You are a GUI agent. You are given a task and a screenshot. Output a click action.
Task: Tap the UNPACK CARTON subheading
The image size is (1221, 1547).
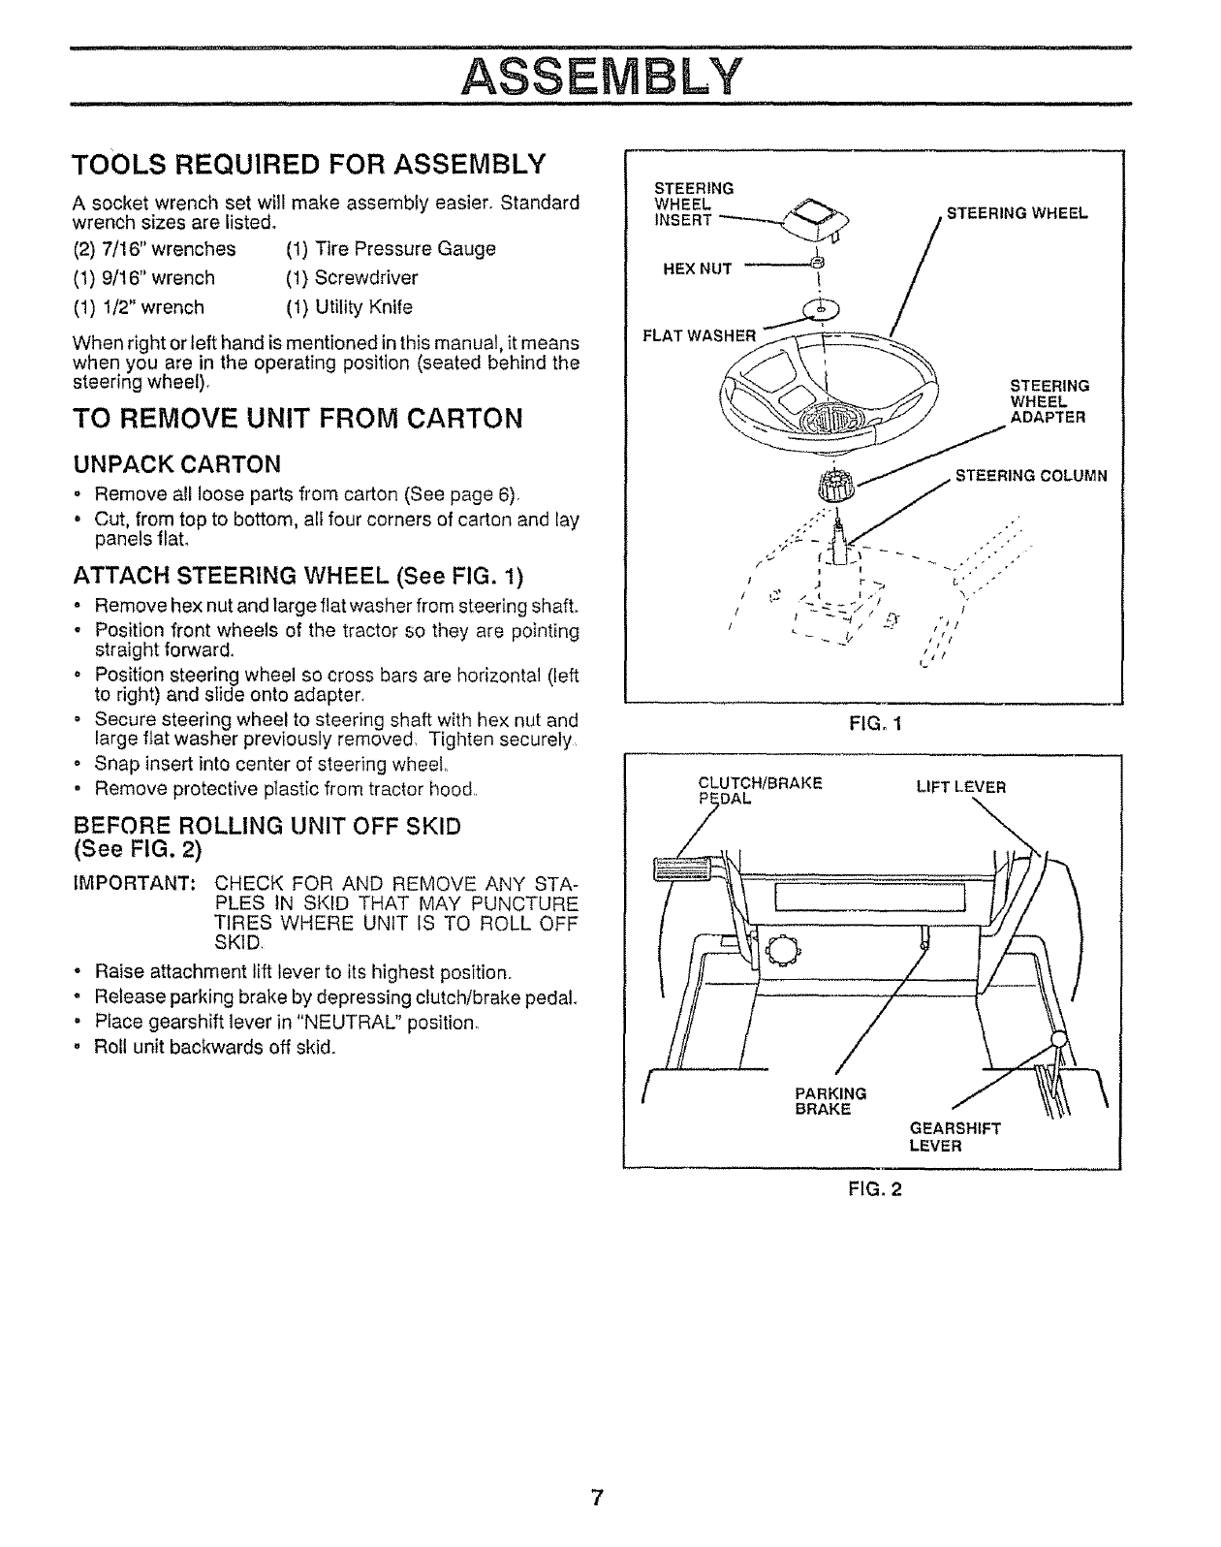(x=177, y=461)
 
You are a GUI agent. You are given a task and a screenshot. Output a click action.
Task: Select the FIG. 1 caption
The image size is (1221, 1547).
(x=874, y=723)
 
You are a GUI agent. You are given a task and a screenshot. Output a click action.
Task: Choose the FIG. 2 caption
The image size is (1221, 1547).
(x=874, y=1189)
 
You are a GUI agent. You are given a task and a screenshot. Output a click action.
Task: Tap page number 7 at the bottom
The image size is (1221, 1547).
(x=598, y=1498)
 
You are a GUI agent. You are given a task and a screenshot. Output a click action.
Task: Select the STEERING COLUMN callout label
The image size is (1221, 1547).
(x=1031, y=476)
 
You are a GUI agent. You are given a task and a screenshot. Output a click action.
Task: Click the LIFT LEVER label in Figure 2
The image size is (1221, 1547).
(x=960, y=787)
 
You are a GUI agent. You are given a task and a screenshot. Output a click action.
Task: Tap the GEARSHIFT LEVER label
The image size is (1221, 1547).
(x=955, y=1137)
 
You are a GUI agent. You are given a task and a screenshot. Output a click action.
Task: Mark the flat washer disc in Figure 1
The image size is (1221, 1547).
(x=821, y=308)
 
